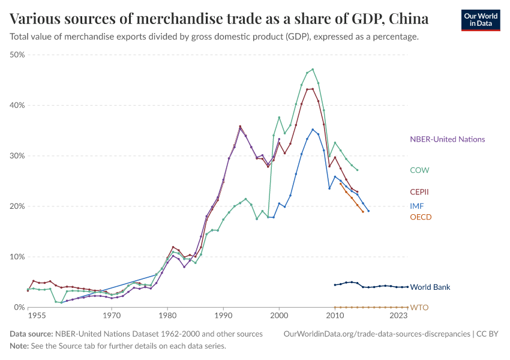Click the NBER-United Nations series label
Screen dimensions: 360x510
click(447, 139)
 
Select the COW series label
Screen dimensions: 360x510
click(419, 170)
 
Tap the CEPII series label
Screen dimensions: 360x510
click(419, 192)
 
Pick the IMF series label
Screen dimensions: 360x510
click(417, 206)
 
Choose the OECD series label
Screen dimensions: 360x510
click(421, 217)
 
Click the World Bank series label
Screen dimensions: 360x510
click(430, 287)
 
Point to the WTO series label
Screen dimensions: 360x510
click(419, 308)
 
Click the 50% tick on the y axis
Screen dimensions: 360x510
click(17, 55)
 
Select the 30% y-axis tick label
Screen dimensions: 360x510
click(17, 156)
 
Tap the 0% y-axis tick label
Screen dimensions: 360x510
click(19, 307)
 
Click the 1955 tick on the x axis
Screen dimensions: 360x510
click(36, 314)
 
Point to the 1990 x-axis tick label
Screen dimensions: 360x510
click(223, 314)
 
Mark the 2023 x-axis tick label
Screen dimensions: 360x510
click(398, 314)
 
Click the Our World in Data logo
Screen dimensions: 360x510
click(481, 20)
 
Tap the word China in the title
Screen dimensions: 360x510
click(409, 19)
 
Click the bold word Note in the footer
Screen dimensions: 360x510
click(19, 346)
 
